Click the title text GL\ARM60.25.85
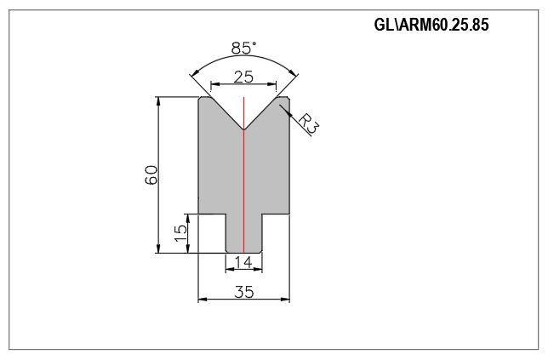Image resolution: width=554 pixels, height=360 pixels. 431,25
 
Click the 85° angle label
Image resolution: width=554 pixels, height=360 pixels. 244,48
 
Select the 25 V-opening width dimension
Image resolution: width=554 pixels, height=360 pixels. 243,77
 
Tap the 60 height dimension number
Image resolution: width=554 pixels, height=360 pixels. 151,174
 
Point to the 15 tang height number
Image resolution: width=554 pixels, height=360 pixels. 181,233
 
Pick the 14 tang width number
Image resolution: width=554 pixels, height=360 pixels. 243,262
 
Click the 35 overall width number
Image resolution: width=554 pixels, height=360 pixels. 244,292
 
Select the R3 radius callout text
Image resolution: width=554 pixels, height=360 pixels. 309,123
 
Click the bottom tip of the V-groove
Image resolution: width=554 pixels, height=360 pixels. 243,129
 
